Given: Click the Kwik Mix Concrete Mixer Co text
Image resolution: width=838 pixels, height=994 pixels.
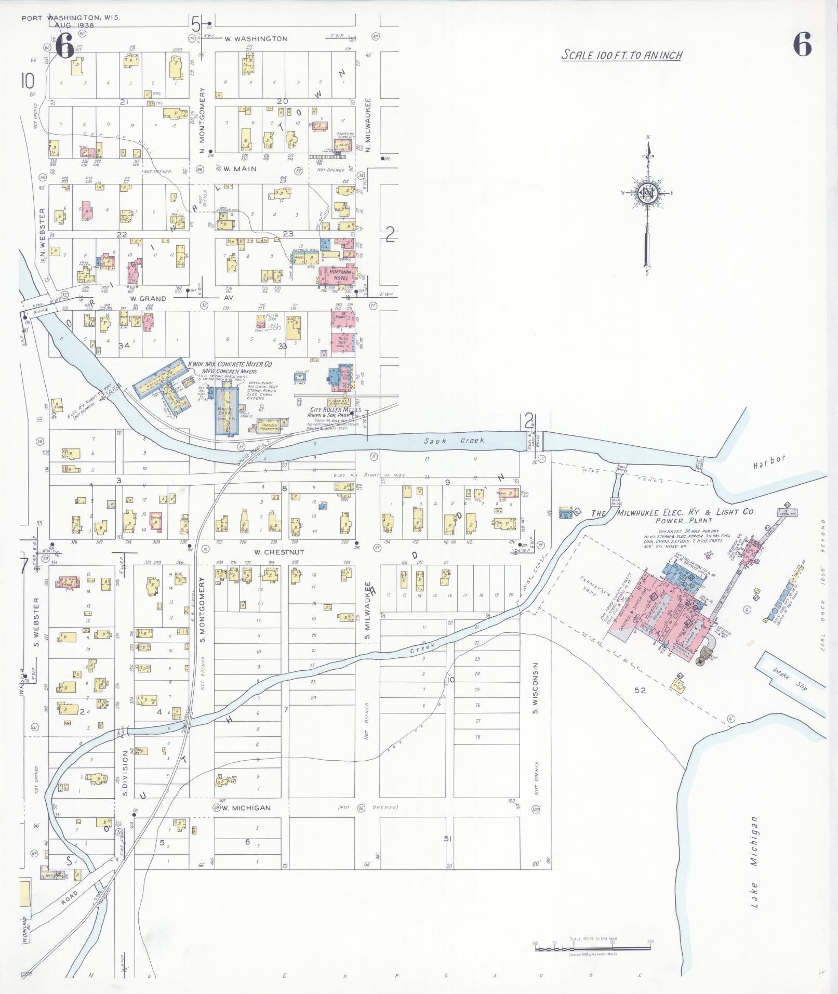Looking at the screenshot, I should [x=230, y=364].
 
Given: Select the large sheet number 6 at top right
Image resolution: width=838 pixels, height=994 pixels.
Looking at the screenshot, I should [x=802, y=45].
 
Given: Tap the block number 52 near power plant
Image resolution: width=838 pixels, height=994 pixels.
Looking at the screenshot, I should [x=640, y=690].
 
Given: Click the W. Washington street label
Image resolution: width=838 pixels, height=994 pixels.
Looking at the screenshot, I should [x=256, y=38].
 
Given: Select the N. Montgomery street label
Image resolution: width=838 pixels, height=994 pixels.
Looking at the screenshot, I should [x=202, y=121].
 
